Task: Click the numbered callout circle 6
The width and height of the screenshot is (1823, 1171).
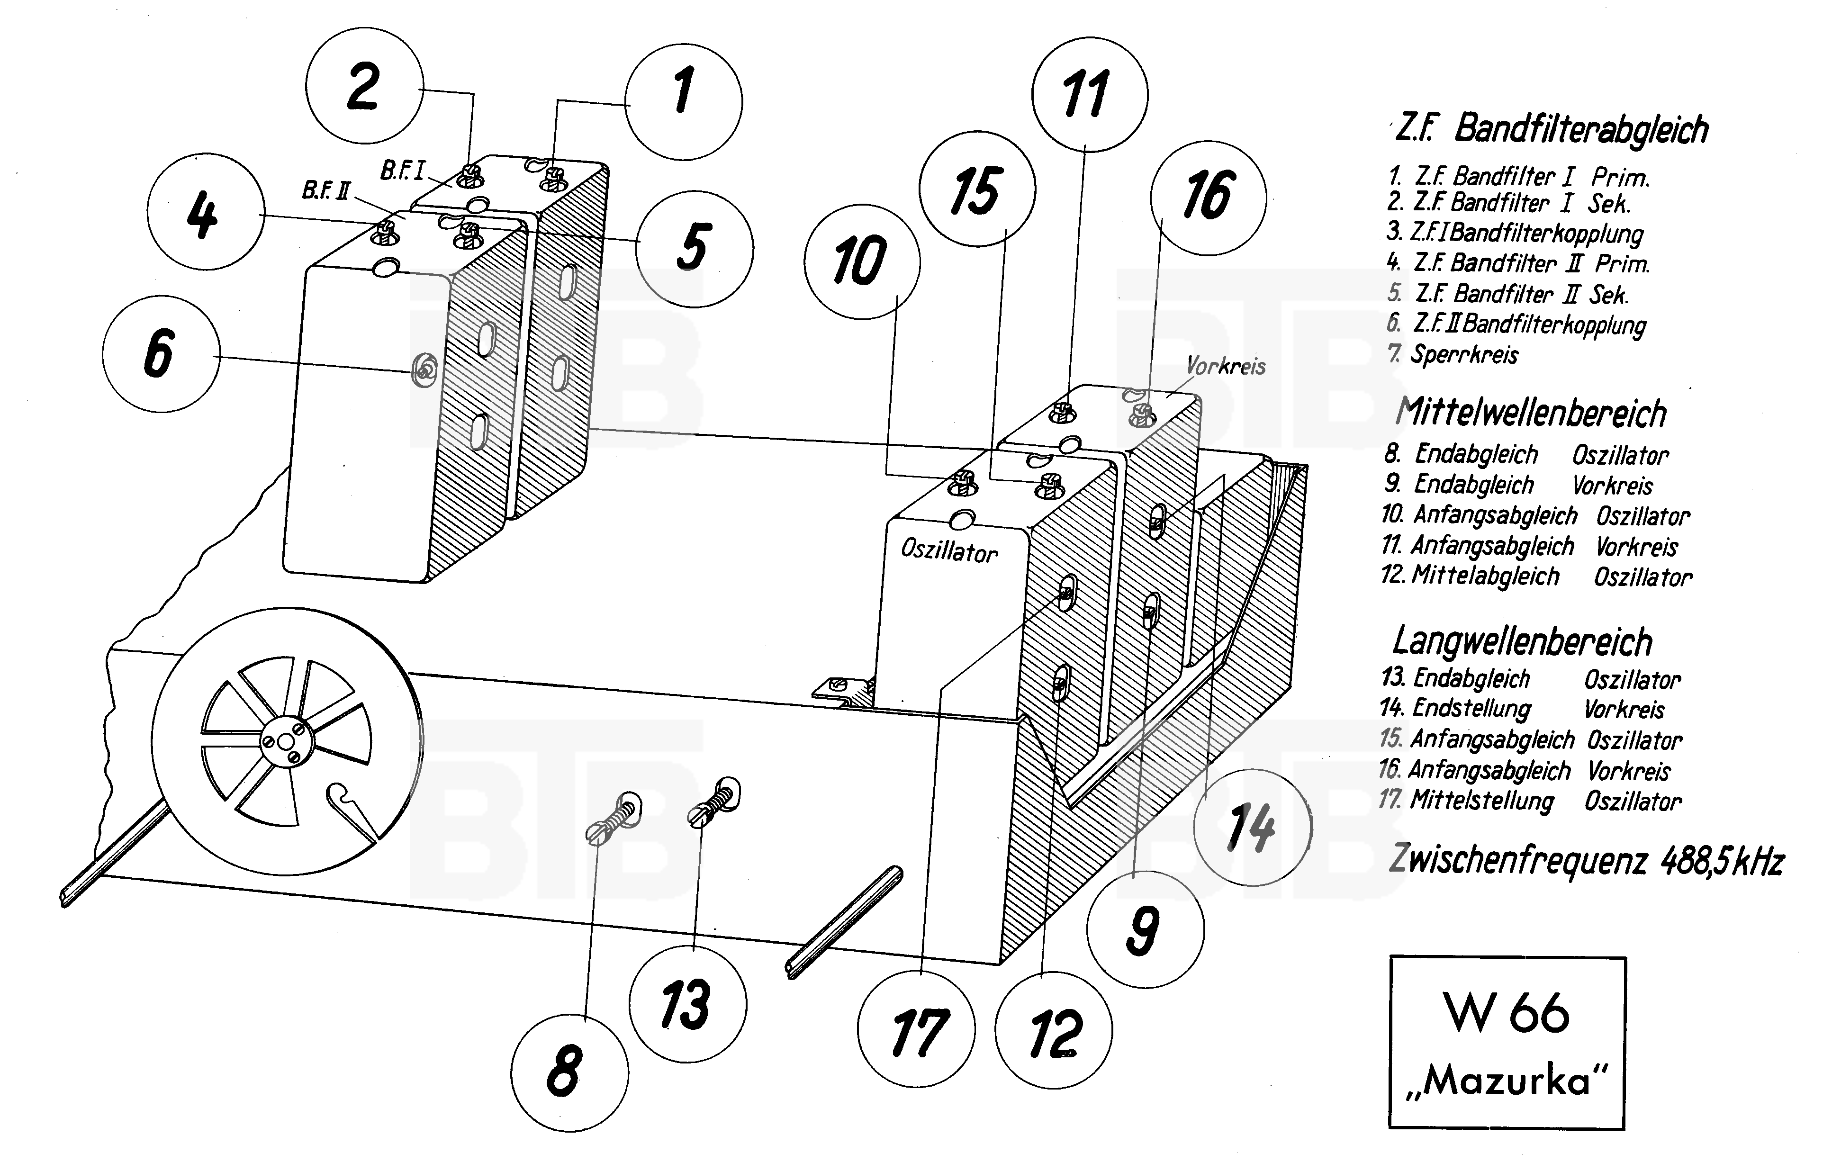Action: click(161, 353)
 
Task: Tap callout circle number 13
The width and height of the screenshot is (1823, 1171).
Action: click(687, 1004)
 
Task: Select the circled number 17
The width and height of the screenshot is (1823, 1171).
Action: click(916, 1030)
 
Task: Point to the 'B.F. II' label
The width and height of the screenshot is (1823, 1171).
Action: click(325, 190)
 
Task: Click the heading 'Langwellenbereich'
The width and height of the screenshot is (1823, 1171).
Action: click(1522, 642)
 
